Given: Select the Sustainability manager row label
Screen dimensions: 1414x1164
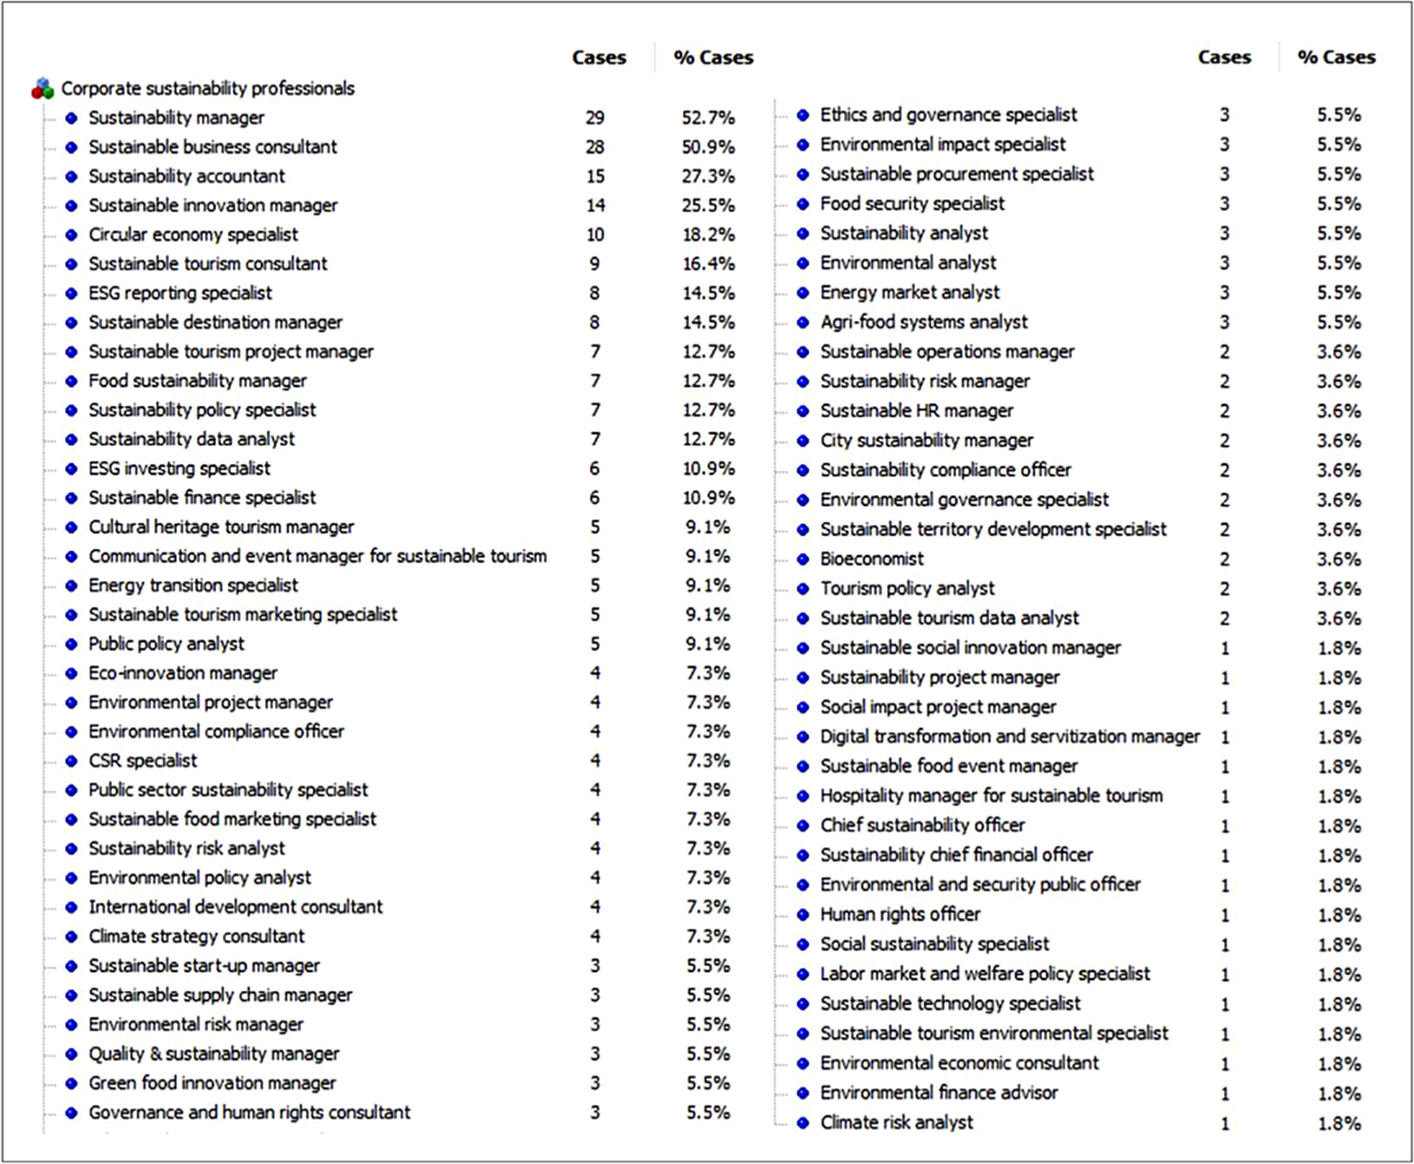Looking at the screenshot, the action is pos(176,118).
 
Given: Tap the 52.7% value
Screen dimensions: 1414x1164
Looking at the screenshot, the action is pos(708,118).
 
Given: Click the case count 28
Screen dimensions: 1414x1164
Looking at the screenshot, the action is pos(595,147).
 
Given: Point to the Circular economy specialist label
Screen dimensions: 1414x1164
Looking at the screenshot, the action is pos(193,235).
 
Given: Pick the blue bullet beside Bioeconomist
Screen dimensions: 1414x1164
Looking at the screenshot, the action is pos(803,559).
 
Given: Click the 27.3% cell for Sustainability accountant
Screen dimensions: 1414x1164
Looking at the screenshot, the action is pos(708,177).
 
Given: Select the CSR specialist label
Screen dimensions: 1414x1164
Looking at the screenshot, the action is pos(143,760).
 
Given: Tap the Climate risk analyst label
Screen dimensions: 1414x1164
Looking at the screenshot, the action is pos(897,1122).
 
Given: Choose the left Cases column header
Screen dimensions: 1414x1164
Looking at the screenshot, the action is pos(599,57).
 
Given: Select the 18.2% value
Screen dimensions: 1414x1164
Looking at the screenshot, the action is pos(708,235).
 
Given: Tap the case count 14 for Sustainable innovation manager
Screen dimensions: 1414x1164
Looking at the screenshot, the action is pos(595,205).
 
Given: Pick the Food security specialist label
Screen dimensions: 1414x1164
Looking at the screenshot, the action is pos(912,203).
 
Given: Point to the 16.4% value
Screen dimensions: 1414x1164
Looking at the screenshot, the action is pos(708,264).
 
